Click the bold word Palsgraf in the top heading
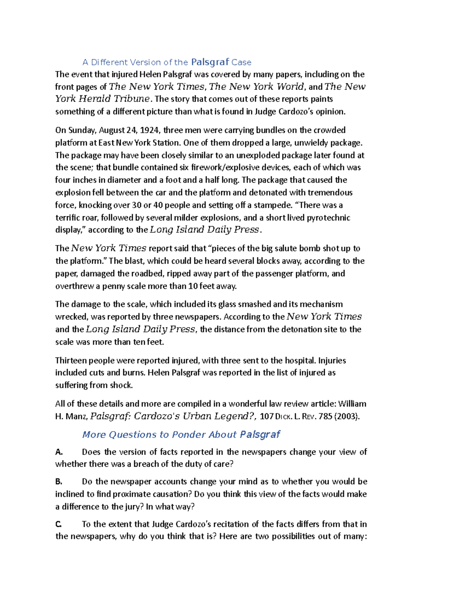point(210,62)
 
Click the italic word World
point(290,86)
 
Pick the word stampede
point(271,205)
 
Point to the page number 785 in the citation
point(325,417)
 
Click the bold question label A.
point(59,452)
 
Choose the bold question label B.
point(59,482)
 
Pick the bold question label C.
point(59,524)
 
